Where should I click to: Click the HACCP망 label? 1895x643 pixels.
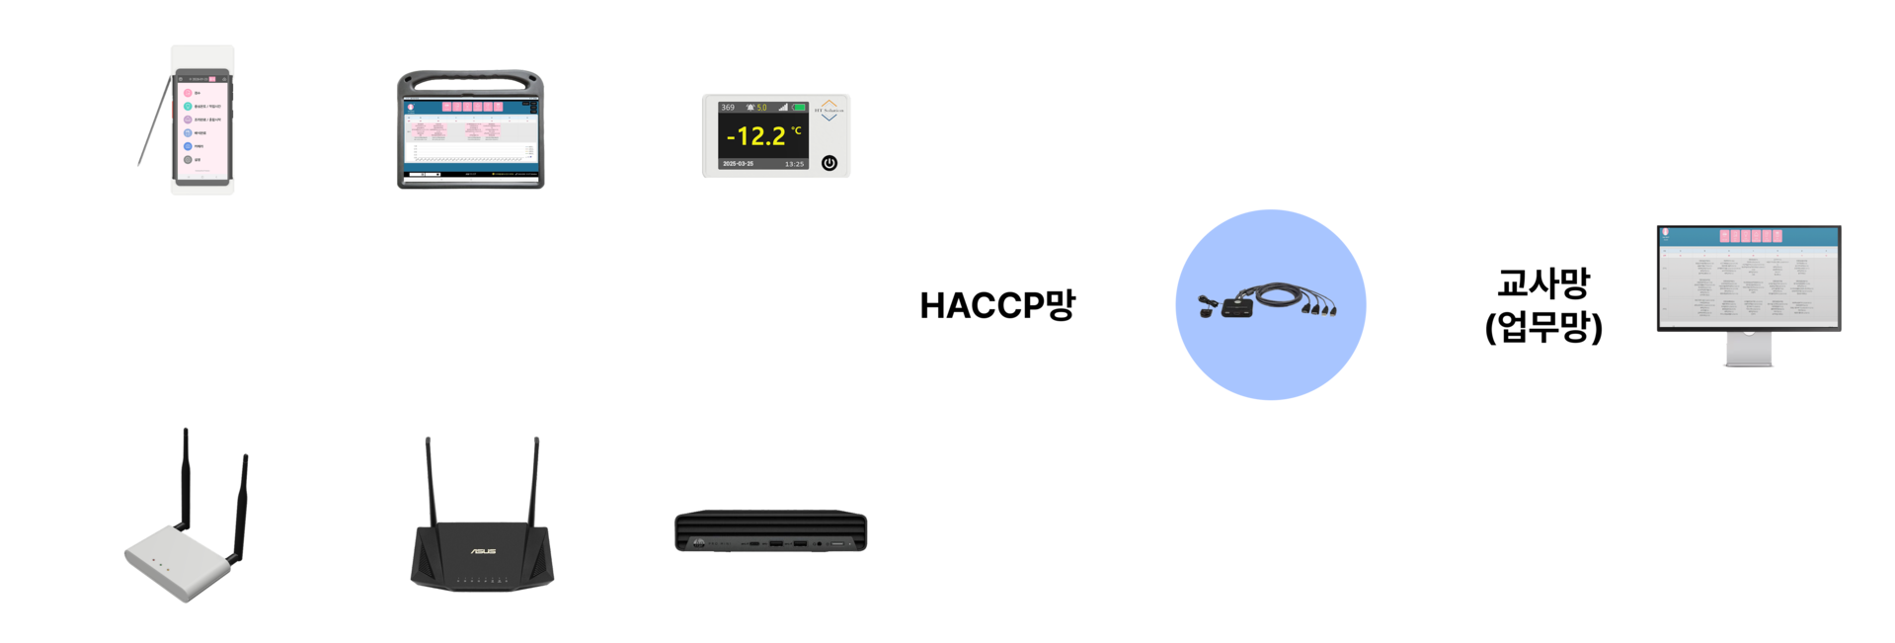996,305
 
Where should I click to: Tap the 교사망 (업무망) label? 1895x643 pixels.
1542,304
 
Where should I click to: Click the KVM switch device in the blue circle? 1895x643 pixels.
1269,300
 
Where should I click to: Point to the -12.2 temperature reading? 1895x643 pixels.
756,136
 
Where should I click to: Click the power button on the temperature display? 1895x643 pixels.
829,163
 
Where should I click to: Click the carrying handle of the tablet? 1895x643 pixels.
470,78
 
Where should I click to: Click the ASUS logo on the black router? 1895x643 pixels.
483,551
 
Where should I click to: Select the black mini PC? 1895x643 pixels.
770,531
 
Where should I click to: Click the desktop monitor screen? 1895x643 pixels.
1748,278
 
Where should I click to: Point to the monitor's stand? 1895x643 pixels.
1748,349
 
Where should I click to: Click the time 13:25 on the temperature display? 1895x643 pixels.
794,164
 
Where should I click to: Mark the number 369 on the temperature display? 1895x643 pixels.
728,108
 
